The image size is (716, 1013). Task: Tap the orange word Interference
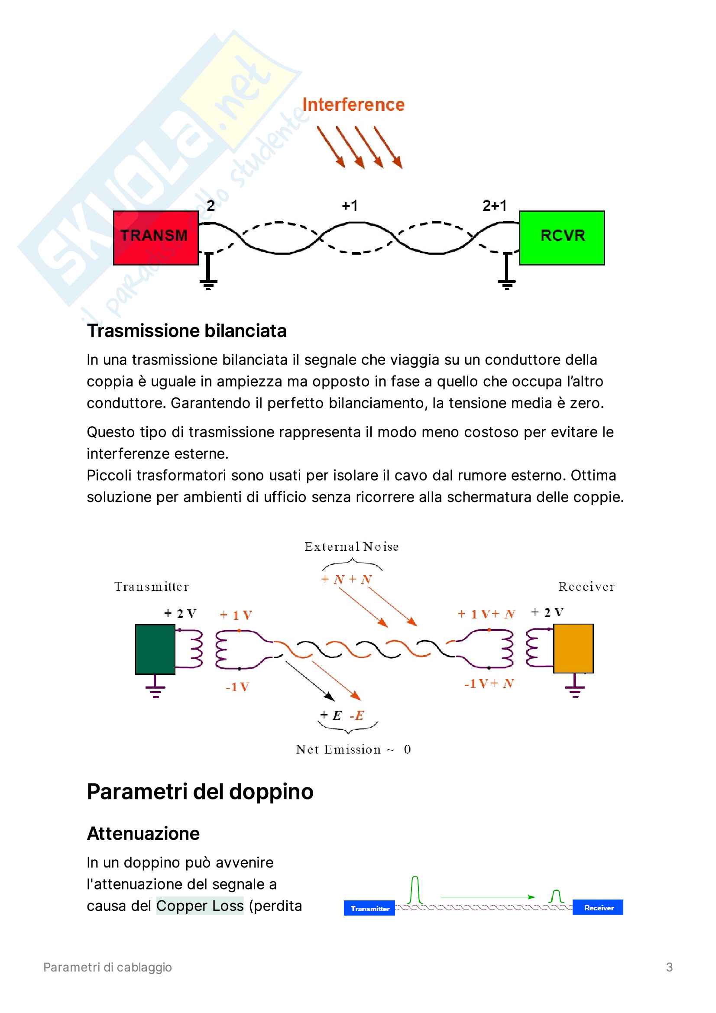point(353,104)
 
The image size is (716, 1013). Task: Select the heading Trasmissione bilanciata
point(186,331)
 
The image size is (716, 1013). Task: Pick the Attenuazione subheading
point(143,833)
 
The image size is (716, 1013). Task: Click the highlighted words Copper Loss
point(199,906)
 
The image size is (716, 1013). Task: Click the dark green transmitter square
point(155,649)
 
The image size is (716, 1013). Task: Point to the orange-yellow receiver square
point(573,648)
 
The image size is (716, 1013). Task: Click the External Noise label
point(351,547)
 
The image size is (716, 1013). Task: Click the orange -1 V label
point(237,687)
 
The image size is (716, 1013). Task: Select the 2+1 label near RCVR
point(494,206)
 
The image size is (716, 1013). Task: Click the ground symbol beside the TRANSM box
point(209,274)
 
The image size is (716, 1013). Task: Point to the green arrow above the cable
point(487,897)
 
